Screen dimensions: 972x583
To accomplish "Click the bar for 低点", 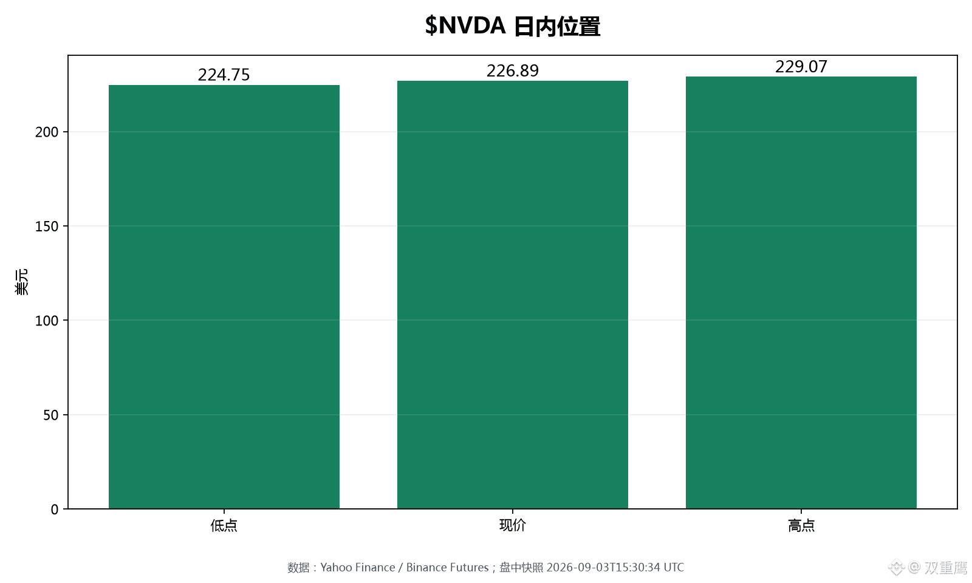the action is pyautogui.click(x=224, y=297).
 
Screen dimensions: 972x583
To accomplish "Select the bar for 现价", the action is pyautogui.click(x=513, y=295).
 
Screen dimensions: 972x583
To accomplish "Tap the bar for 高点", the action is pyautogui.click(x=801, y=293).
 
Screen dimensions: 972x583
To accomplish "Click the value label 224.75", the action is pyautogui.click(x=224, y=75).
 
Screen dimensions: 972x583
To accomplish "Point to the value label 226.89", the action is pyautogui.click(x=513, y=70).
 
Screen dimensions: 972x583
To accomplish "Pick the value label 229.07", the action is pyautogui.click(x=801, y=67).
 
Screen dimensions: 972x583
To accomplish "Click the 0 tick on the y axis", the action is pyautogui.click(x=55, y=510).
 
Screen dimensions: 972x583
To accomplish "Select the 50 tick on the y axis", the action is pyautogui.click(x=51, y=415).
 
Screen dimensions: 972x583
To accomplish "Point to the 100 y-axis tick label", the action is pyautogui.click(x=47, y=321).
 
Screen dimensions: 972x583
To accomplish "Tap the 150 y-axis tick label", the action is pyautogui.click(x=47, y=227).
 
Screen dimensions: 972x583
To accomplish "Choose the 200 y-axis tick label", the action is pyautogui.click(x=47, y=132).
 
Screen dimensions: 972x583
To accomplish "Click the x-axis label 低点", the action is pyautogui.click(x=224, y=526).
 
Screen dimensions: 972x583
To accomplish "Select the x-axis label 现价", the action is pyautogui.click(x=513, y=526).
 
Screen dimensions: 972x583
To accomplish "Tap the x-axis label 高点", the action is pyautogui.click(x=801, y=526).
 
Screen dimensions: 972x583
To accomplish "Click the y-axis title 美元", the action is pyautogui.click(x=21, y=282).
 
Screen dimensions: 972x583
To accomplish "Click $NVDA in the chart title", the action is pyautogui.click(x=465, y=26).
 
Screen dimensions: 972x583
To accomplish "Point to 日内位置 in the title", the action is pyautogui.click(x=556, y=27).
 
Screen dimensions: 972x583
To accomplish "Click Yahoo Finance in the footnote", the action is pyautogui.click(x=358, y=567).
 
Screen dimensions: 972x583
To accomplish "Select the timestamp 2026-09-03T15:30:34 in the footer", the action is pyautogui.click(x=603, y=567).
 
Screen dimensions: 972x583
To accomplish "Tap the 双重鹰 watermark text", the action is pyautogui.click(x=946, y=567).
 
